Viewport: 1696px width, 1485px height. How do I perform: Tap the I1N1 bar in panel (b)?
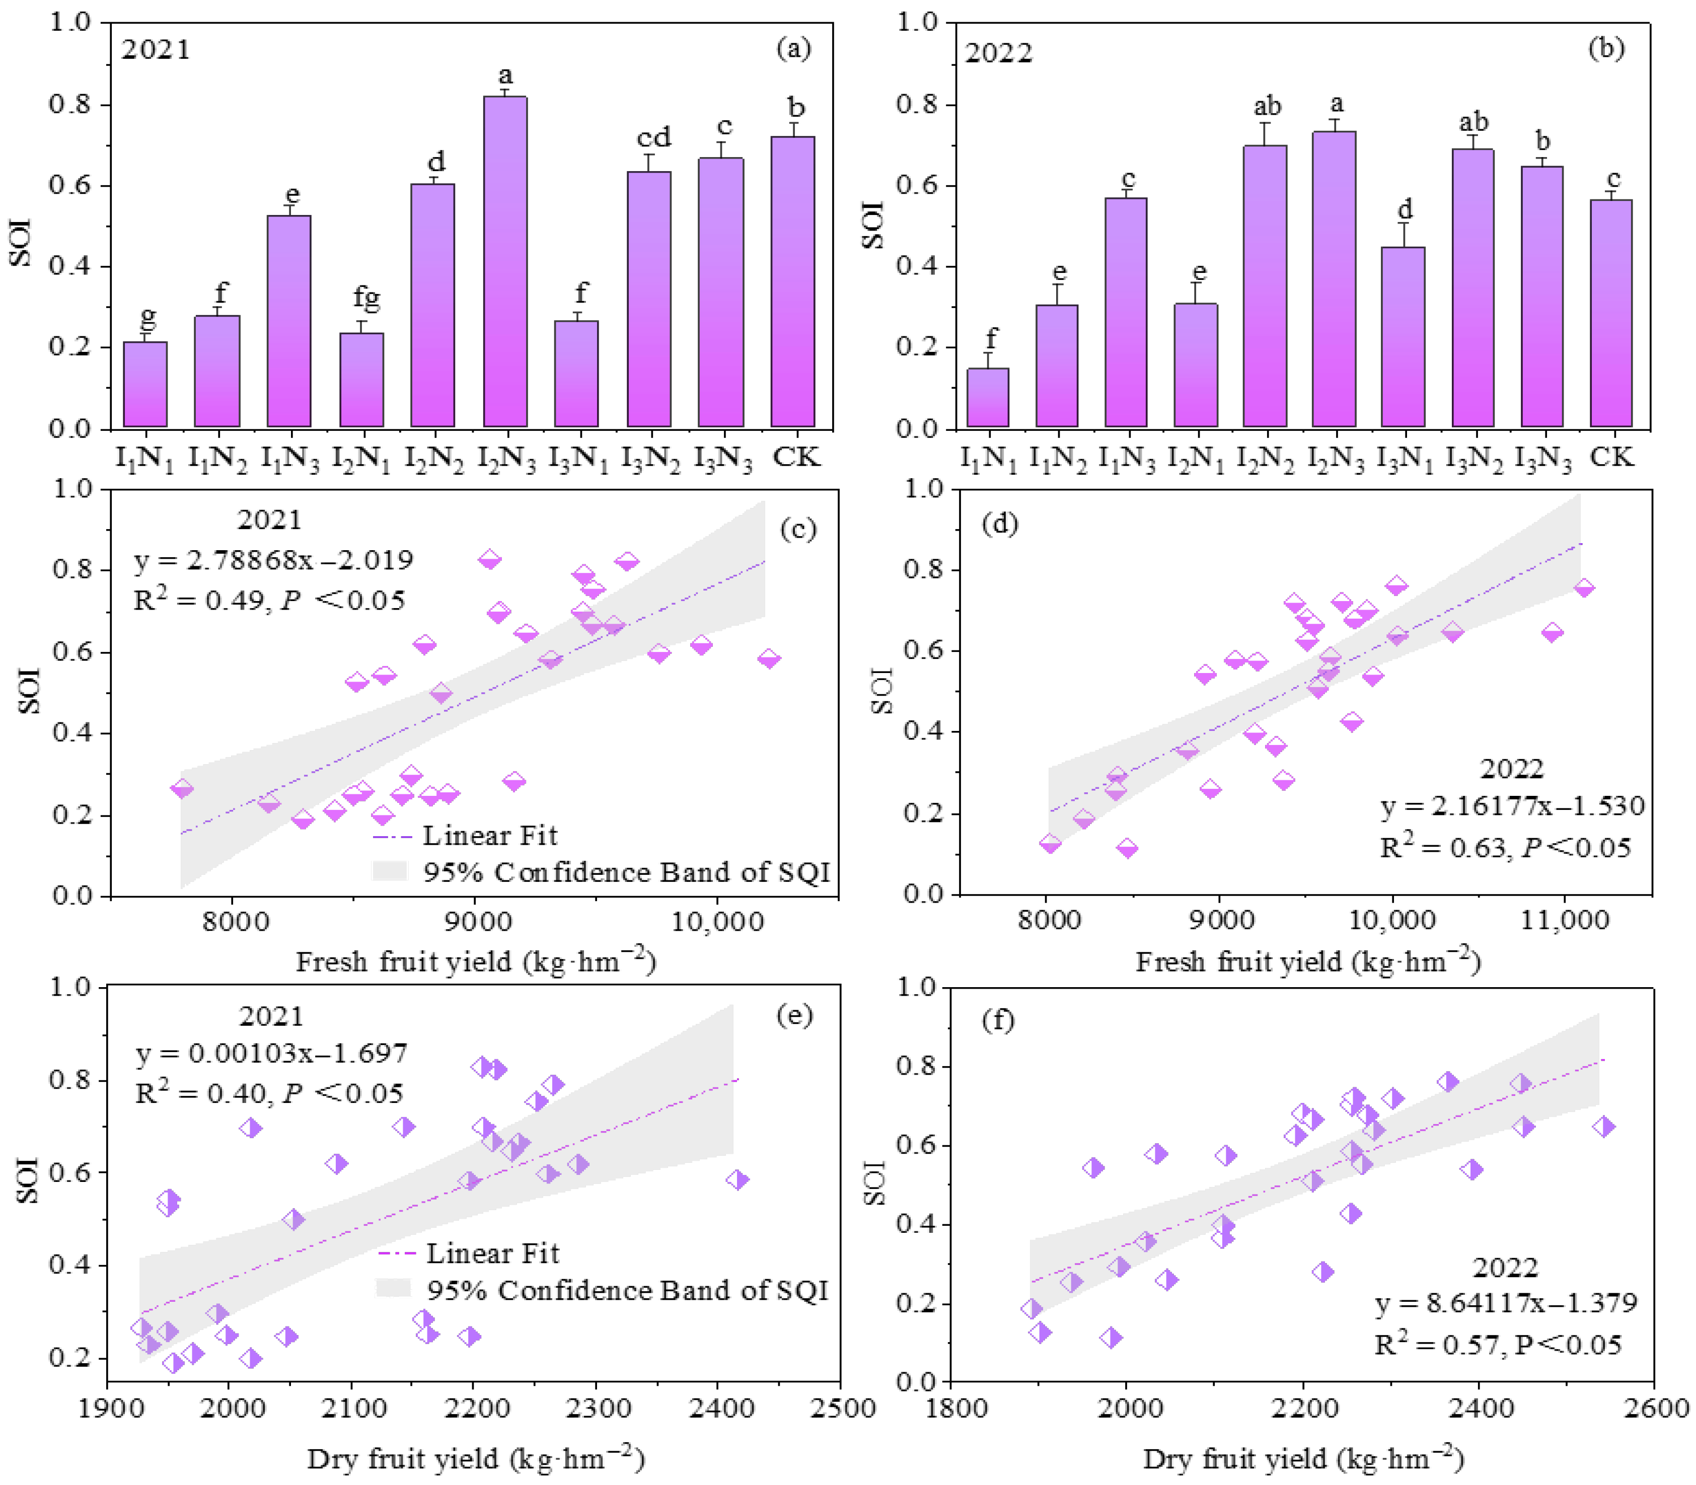click(988, 397)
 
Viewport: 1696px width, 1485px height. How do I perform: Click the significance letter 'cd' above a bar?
click(654, 137)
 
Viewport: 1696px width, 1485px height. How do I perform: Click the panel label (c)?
click(798, 529)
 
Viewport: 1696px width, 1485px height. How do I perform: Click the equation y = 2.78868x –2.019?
click(273, 560)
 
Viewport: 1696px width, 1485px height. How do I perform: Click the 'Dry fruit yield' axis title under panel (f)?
click(1303, 1458)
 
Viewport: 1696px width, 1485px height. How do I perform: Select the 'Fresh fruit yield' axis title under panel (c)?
click(476, 962)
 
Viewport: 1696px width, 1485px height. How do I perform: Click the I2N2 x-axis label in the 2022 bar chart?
click(1265, 458)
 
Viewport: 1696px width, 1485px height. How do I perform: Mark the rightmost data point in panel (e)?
click(736, 1180)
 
